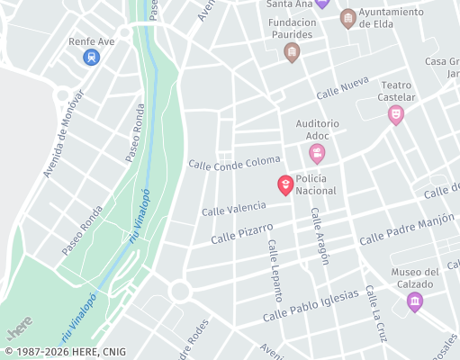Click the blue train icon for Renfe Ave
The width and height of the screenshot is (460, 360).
click(90, 58)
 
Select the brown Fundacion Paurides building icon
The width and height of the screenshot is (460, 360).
click(291, 53)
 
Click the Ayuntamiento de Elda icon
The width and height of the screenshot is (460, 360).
click(347, 18)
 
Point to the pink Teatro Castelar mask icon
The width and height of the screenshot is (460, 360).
click(394, 114)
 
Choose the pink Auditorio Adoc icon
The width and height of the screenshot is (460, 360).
click(317, 154)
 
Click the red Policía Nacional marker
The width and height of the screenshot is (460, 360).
click(284, 185)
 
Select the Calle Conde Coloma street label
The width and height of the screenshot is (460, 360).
click(234, 162)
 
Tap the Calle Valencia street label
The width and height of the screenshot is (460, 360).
click(234, 209)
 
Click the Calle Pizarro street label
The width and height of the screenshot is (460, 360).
click(241, 234)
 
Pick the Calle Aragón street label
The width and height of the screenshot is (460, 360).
click(320, 237)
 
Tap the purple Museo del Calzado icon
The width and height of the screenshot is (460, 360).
click(414, 301)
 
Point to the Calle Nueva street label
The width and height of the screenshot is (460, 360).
click(343, 88)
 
